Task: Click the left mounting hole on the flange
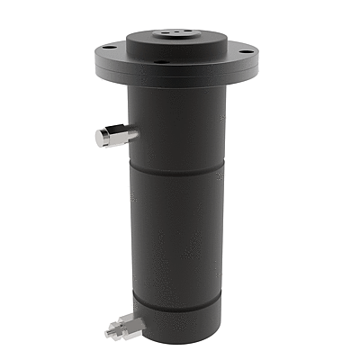(x=108, y=47)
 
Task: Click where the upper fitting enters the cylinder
(x=134, y=134)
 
